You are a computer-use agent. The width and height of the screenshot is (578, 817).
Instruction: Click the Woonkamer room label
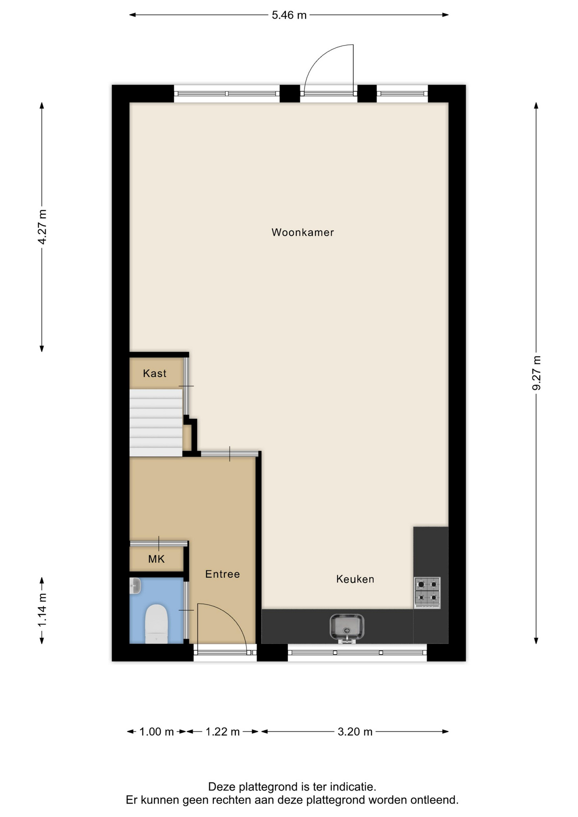click(x=303, y=232)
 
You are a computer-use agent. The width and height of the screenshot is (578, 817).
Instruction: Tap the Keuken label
click(x=355, y=579)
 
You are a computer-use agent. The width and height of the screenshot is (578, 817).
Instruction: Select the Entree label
click(x=223, y=574)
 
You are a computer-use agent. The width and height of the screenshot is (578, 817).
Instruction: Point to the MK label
click(x=156, y=559)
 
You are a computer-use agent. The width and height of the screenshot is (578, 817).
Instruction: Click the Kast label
click(x=155, y=374)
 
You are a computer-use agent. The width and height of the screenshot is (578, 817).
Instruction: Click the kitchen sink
click(x=347, y=627)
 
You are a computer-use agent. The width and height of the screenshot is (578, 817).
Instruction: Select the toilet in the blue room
click(x=156, y=624)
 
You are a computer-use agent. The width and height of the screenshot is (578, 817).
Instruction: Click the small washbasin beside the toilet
click(x=135, y=586)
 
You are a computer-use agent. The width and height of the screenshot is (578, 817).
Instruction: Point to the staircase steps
click(x=156, y=423)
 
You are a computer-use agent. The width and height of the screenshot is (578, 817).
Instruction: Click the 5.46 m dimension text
click(x=289, y=15)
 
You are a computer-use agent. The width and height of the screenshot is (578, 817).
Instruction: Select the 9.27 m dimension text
click(x=536, y=373)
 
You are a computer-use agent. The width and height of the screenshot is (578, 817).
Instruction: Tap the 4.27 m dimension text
click(x=42, y=227)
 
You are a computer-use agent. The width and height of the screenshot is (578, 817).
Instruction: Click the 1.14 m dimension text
click(x=42, y=610)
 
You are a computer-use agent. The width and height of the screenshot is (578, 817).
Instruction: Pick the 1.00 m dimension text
click(x=157, y=731)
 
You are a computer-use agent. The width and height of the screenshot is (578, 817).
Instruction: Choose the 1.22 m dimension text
click(x=223, y=731)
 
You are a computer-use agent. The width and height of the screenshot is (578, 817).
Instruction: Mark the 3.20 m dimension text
click(x=355, y=731)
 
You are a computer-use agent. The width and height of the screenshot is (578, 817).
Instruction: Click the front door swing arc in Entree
click(x=231, y=615)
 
